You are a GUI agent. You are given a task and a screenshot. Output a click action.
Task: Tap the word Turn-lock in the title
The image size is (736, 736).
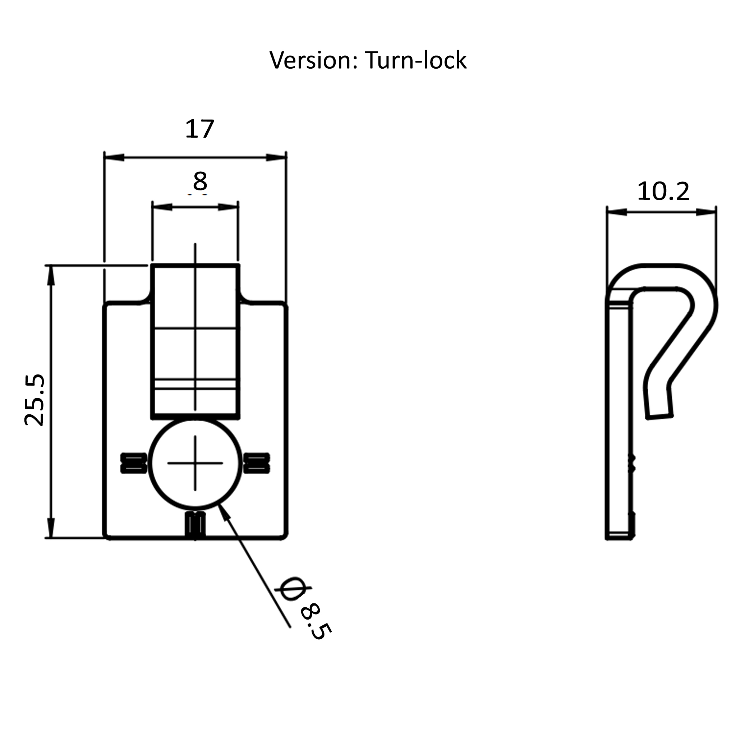[x=416, y=60]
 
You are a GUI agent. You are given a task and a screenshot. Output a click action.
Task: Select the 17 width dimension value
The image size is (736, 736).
[x=199, y=129]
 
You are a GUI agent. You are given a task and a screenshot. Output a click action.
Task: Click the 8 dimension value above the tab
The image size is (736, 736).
[x=200, y=181]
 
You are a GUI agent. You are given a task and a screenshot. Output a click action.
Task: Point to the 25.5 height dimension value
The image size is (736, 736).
[x=34, y=400]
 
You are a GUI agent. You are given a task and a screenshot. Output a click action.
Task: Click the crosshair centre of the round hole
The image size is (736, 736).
[x=195, y=463]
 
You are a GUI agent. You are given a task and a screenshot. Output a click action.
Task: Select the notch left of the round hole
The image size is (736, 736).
[x=134, y=463]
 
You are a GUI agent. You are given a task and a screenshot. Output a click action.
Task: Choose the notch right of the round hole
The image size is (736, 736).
[x=257, y=463]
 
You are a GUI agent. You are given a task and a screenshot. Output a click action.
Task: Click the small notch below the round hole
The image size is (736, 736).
[x=195, y=525]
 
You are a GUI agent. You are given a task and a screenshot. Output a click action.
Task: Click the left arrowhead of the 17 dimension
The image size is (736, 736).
[x=114, y=157]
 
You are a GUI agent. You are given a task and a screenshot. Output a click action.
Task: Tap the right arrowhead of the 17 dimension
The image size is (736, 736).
[x=276, y=157]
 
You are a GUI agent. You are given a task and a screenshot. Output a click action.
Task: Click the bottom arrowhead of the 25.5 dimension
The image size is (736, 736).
[x=51, y=528]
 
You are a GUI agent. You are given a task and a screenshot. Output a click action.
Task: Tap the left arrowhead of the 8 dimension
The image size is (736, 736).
[x=162, y=207]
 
